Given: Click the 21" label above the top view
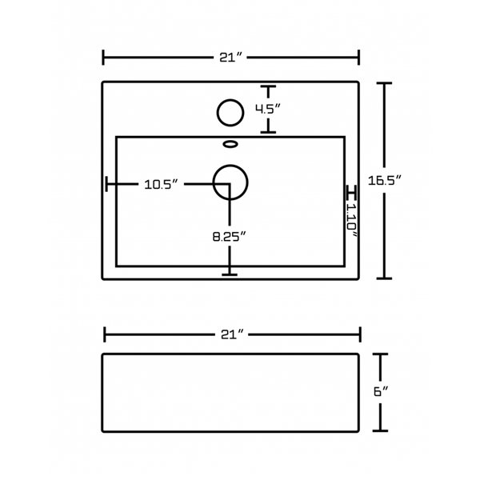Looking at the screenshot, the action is coord(231,58).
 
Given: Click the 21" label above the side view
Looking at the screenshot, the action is coord(232,334).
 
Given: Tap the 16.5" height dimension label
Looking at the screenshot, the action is coord(385,180).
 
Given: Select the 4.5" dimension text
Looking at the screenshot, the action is coord(268,109).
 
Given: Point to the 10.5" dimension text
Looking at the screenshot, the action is coord(161,184).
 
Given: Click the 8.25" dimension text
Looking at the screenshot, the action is coord(230,236).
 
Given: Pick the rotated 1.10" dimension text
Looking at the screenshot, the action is coord(352,220).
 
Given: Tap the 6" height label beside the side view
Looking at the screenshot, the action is coord(381,391).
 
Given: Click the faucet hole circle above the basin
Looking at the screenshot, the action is coord(230,113).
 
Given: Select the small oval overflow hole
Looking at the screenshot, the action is coord(230,144).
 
